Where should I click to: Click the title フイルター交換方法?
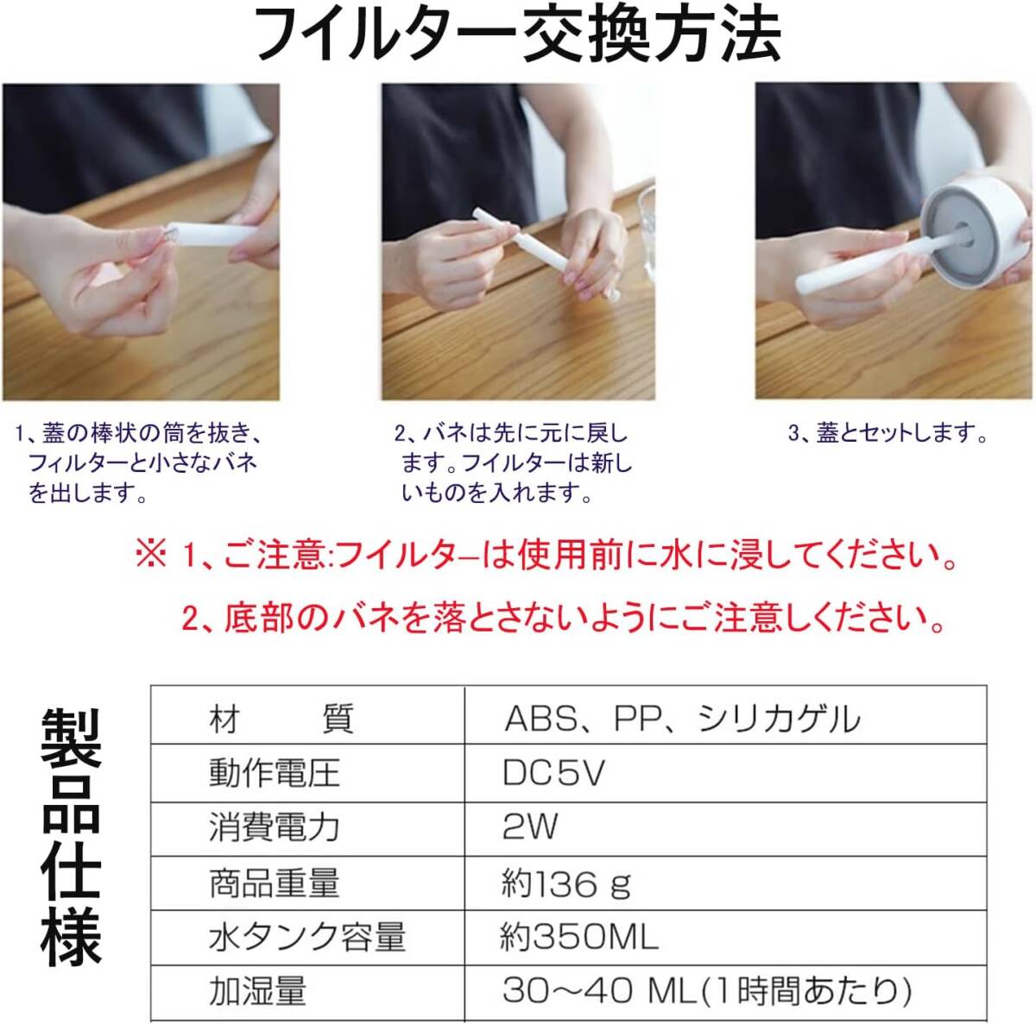pos(518,36)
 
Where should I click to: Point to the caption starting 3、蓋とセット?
pos(888,434)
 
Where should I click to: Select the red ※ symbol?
pos(150,556)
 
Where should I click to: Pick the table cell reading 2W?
pos(530,827)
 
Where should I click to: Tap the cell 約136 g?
pos(565,883)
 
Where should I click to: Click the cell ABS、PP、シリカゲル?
pos(682,718)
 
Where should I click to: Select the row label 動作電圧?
pos(274,773)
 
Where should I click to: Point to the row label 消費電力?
pos(274,827)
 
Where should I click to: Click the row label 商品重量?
pos(274,883)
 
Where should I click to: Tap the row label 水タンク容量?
pos(306,937)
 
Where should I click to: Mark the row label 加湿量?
pos(257,991)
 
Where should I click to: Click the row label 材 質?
pos(281,718)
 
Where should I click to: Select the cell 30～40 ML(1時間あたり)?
pos(706,991)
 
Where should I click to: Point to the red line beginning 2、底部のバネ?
pos(561,617)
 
